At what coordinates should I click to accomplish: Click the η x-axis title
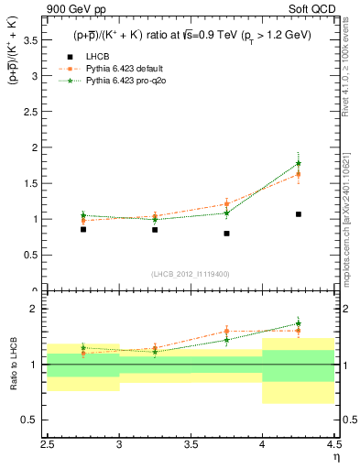pyautogui.click(x=336, y=455)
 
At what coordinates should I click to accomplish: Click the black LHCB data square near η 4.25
pyautogui.click(x=299, y=214)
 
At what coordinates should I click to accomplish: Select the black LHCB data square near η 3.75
pyautogui.click(x=226, y=234)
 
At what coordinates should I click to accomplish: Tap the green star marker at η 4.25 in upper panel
pyautogui.click(x=299, y=164)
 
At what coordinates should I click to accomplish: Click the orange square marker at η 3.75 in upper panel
pyautogui.click(x=226, y=204)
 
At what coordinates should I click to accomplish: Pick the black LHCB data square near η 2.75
pyautogui.click(x=83, y=229)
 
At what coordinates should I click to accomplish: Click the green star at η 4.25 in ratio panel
pyautogui.click(x=299, y=323)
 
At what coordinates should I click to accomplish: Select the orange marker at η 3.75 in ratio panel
pyautogui.click(x=226, y=331)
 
